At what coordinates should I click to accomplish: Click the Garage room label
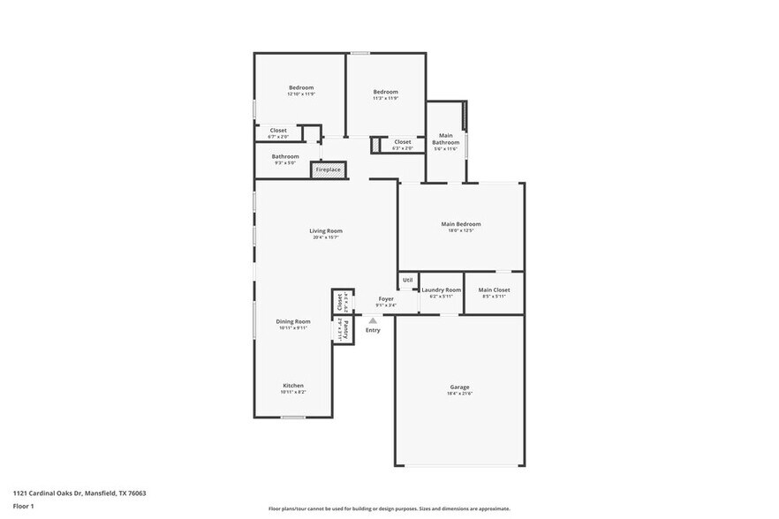[459, 387]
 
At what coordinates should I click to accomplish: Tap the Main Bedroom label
[460, 224]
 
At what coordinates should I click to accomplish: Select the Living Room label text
[325, 230]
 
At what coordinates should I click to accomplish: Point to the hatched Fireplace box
[328, 169]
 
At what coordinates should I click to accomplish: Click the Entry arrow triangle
[373, 321]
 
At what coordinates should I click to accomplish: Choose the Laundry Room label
[441, 290]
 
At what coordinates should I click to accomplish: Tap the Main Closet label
[494, 290]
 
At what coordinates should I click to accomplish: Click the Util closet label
[407, 281]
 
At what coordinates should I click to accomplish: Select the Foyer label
[386, 298]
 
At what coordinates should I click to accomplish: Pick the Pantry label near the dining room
[344, 330]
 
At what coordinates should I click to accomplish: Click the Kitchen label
[293, 386]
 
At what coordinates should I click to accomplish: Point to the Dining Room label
[292, 321]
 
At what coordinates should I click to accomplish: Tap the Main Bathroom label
[446, 139]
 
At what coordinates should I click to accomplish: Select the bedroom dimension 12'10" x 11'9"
[302, 94]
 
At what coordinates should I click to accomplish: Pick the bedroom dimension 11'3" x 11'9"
[385, 98]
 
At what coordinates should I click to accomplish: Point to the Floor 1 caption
[23, 507]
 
